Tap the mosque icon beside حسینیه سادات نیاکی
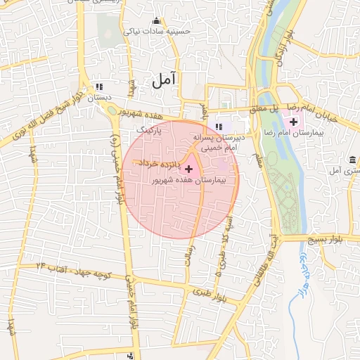click(x=155, y=21)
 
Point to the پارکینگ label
click(x=149, y=130)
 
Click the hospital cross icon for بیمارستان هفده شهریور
click(x=188, y=169)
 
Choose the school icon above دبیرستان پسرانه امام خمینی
click(x=219, y=127)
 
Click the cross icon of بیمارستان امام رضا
click(x=293, y=122)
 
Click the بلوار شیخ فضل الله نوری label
click(x=43, y=127)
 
